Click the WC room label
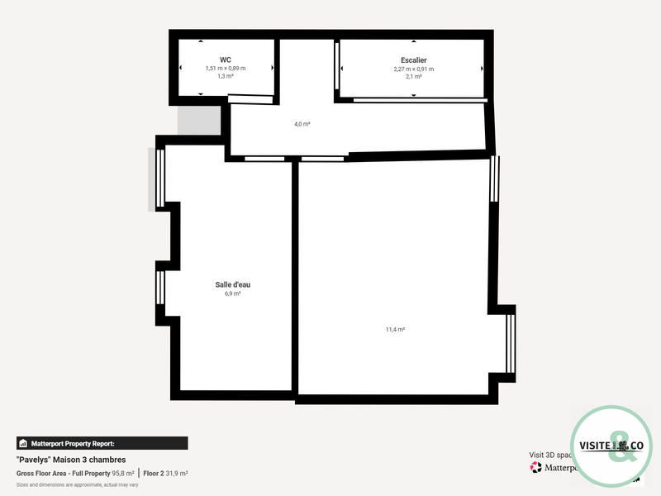[226, 60]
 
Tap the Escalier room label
[413, 60]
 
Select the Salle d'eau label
[232, 284]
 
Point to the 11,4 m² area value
[395, 329]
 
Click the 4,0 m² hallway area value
[302, 124]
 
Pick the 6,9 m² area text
[232, 293]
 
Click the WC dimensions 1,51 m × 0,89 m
[226, 69]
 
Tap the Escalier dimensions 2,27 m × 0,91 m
[413, 69]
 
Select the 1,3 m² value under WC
[226, 76]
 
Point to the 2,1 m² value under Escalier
[413, 76]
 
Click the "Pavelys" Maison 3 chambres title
[71, 460]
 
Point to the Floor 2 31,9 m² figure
[165, 474]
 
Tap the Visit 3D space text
[549, 455]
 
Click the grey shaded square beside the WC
[200, 121]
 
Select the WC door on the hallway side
[250, 100]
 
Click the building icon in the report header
[23, 443]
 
